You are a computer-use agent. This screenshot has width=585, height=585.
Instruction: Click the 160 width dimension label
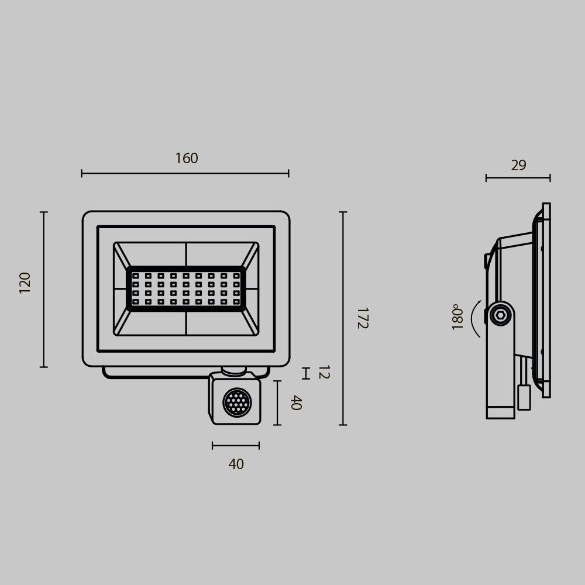[x=187, y=159]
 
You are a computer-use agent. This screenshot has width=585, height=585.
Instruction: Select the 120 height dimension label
[x=25, y=282]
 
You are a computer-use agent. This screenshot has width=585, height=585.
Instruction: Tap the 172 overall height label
[x=362, y=318]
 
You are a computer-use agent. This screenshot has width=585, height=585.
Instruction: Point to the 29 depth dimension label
[x=518, y=166]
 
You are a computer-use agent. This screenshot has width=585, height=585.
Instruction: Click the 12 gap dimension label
[x=323, y=372]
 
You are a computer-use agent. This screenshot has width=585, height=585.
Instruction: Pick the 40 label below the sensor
[x=236, y=464]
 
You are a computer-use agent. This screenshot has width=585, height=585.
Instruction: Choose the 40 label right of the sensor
[x=295, y=402]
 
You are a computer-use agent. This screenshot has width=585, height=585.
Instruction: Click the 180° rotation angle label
[x=457, y=317]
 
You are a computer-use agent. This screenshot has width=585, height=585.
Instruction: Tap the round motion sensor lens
[x=237, y=402]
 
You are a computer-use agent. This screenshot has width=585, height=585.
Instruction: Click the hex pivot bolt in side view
[x=500, y=315]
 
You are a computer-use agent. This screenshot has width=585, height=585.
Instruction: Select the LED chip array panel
[x=186, y=288]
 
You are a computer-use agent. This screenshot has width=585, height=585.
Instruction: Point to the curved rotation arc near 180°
[x=475, y=319]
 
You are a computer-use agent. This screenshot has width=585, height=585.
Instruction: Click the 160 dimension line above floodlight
[x=185, y=173]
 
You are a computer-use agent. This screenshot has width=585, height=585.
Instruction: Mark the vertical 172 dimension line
[x=343, y=318]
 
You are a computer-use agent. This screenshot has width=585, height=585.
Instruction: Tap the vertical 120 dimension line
[x=43, y=289]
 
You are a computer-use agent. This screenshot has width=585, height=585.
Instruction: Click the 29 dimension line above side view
[x=518, y=178]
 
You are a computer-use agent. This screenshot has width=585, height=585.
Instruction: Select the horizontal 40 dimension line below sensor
[x=236, y=446]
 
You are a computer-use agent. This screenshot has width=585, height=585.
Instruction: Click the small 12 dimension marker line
[x=305, y=373]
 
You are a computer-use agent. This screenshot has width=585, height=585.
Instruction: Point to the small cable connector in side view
[x=524, y=397]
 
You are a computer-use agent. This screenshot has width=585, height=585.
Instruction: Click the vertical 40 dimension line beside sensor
[x=277, y=402]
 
